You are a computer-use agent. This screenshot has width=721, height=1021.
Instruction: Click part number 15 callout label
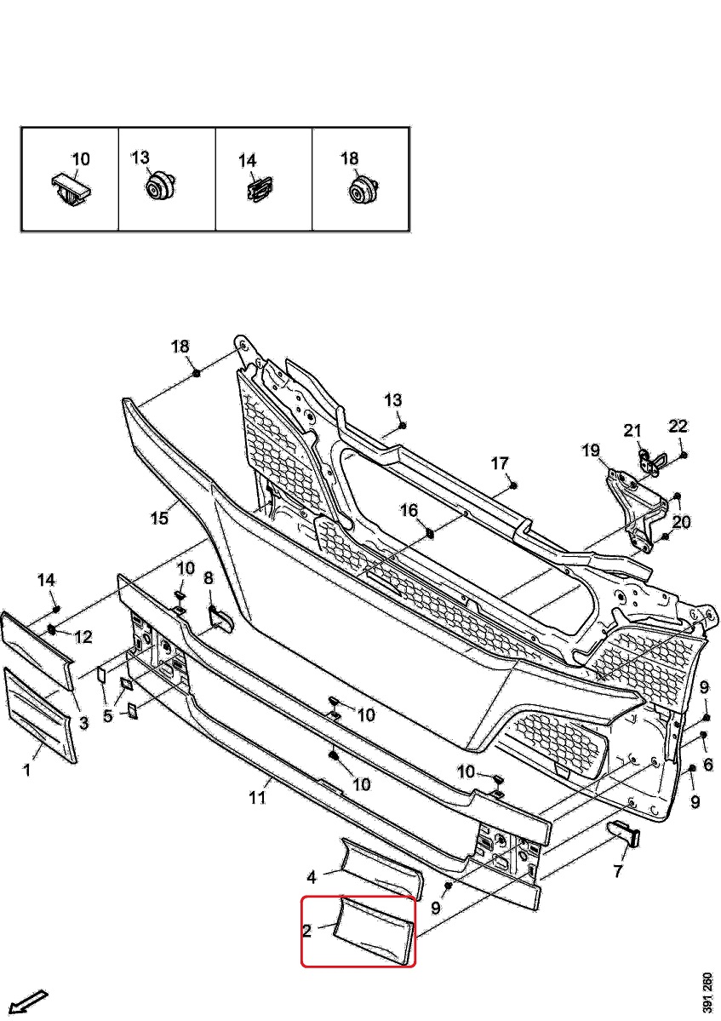click(x=160, y=518)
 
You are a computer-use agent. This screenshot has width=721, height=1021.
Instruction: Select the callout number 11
click(x=258, y=798)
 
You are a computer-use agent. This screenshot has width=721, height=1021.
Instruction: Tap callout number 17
click(x=499, y=463)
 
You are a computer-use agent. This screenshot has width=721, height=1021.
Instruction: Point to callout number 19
click(x=591, y=450)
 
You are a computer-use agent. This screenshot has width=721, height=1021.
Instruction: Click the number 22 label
click(x=678, y=426)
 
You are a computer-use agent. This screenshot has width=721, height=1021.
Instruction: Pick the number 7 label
click(x=618, y=870)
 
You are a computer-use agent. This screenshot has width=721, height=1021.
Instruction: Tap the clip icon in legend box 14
click(x=256, y=191)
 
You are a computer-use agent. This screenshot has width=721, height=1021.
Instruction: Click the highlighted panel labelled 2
click(x=375, y=932)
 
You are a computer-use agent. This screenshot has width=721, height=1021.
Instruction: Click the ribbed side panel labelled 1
click(x=40, y=714)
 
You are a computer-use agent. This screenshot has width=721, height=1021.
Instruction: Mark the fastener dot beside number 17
click(x=515, y=484)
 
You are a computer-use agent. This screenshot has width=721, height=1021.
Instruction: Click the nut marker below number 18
click(x=196, y=373)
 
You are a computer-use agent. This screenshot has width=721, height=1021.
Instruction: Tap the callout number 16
click(x=409, y=510)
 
